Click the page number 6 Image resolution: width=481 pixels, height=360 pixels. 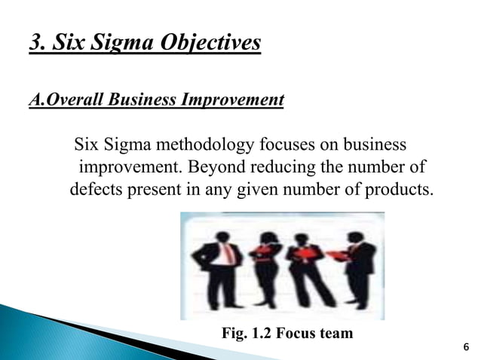pos(465,346)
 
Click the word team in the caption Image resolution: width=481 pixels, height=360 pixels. pos(335,333)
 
